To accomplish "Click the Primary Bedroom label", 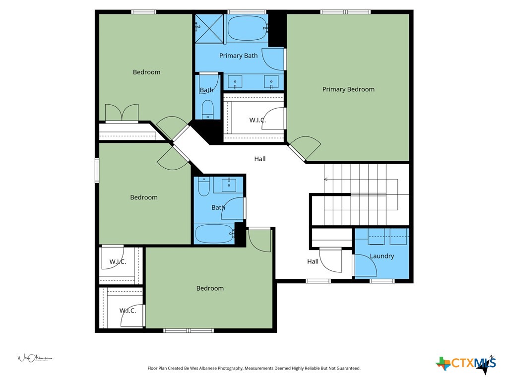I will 348,89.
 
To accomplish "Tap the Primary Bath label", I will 238,56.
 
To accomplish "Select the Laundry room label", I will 382,256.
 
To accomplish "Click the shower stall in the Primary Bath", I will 210,29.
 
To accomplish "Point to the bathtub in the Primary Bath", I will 247,29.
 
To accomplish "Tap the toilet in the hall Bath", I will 203,187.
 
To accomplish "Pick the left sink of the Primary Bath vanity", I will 235,81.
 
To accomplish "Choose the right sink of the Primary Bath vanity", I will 271,81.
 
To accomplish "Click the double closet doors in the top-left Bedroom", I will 122,113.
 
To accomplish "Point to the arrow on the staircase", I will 326,179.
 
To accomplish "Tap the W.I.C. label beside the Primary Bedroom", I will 257,120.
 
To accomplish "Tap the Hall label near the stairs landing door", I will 313,261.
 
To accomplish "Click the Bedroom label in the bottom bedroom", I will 210,288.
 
